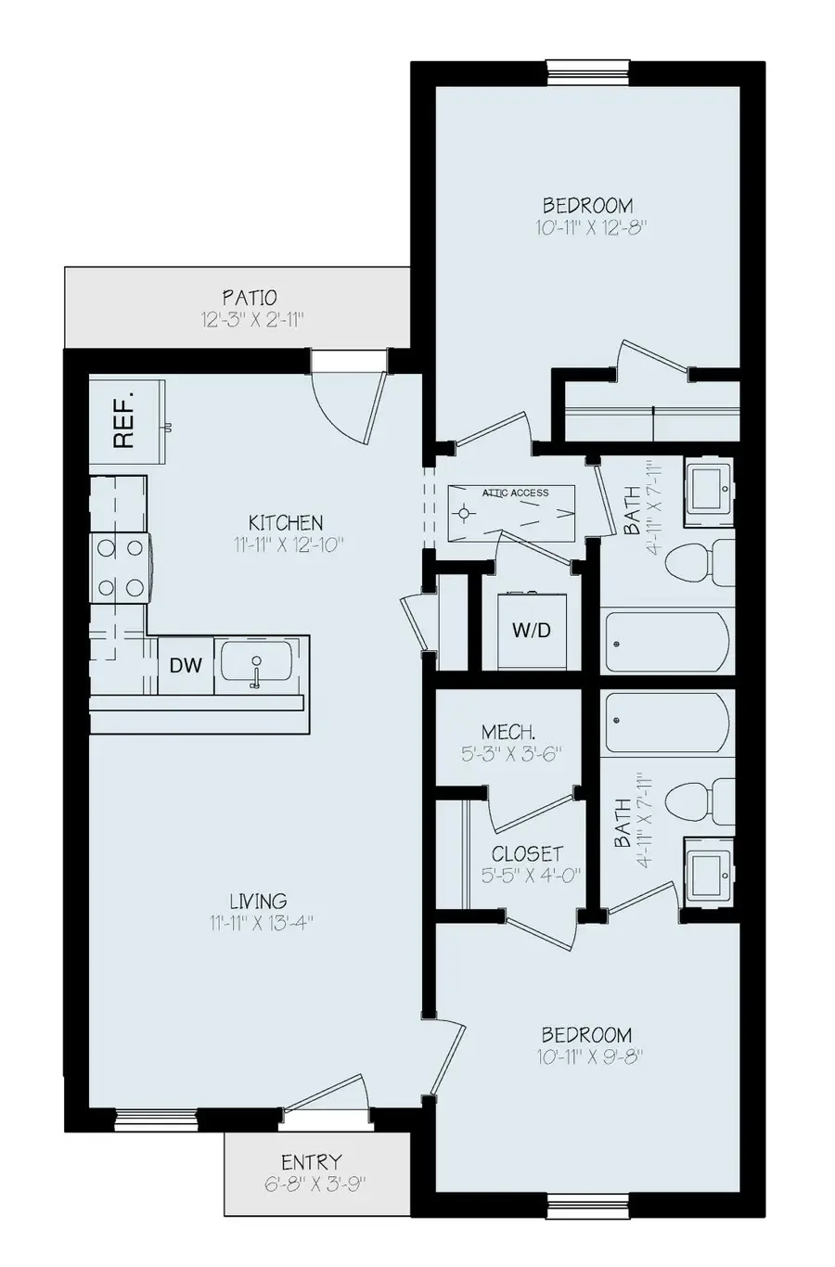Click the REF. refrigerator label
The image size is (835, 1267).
tap(124, 420)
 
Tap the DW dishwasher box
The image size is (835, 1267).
tap(186, 664)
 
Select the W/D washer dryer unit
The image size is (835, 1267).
tap(532, 631)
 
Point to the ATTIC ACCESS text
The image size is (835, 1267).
tap(515, 493)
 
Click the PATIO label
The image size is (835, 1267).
tap(249, 298)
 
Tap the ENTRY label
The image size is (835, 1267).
tap(311, 1161)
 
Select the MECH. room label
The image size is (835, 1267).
tap(508, 731)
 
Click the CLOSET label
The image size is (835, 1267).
tap(527, 853)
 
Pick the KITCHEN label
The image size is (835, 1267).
tap(286, 522)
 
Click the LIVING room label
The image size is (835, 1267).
tap(259, 901)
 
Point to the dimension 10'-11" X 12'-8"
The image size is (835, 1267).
tap(588, 227)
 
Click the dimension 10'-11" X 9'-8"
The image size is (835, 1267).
tap(588, 1056)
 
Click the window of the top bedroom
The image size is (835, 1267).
tap(588, 71)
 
